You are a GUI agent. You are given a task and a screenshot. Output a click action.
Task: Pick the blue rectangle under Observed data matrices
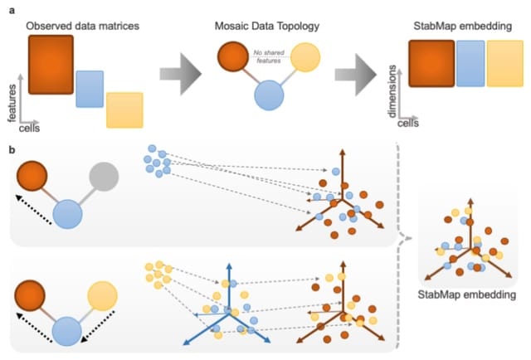pyautogui.click(x=90, y=89)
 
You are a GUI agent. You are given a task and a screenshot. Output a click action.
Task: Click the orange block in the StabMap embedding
pyautogui.click(x=431, y=66)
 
